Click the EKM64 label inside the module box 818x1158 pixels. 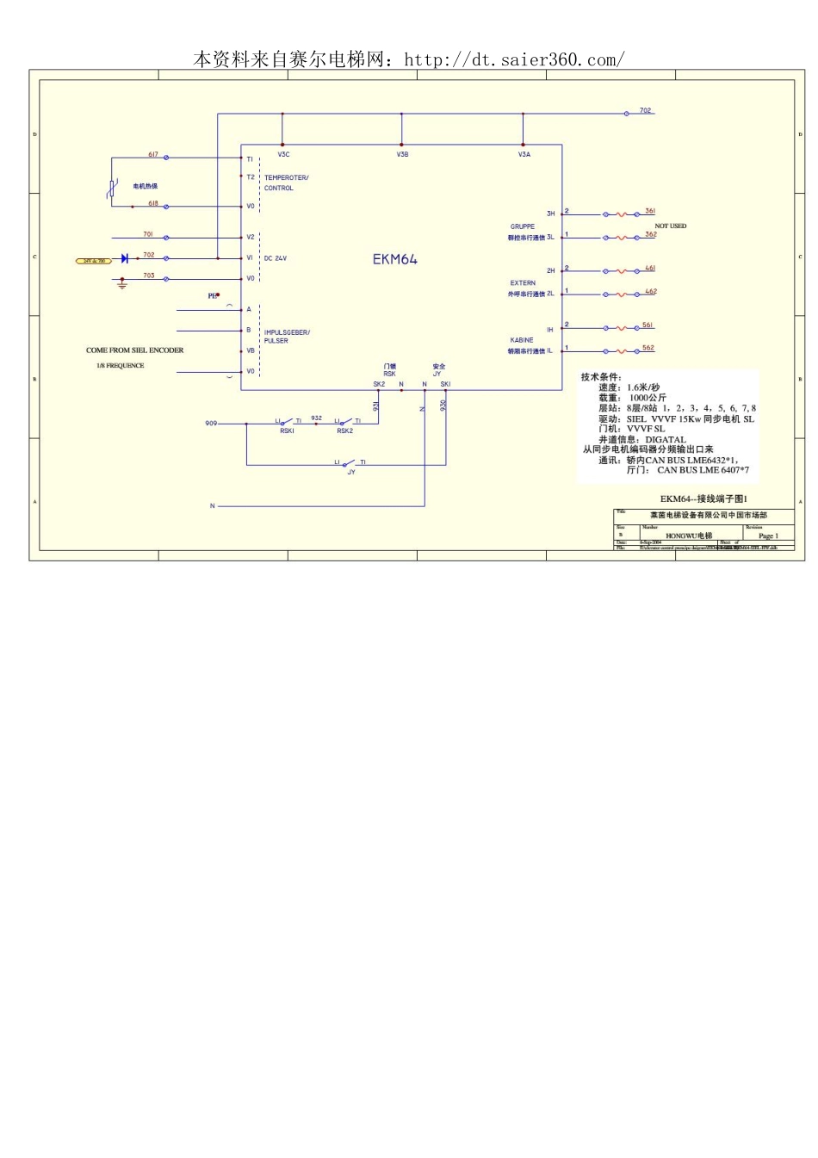pyautogui.click(x=394, y=259)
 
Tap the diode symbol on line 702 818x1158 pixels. pyautogui.click(x=125, y=258)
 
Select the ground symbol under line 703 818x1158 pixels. pyautogui.click(x=122, y=284)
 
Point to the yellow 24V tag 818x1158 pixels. pyautogui.click(x=93, y=261)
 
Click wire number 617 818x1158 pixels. pyautogui.click(x=153, y=155)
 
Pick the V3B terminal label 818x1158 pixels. pyautogui.click(x=402, y=154)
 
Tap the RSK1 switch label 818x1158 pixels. pyautogui.click(x=287, y=430)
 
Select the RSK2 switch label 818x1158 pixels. pyautogui.click(x=344, y=430)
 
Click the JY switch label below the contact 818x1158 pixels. pyautogui.click(x=351, y=472)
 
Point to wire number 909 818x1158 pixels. pyautogui.click(x=211, y=424)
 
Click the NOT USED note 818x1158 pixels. pyautogui.click(x=670, y=226)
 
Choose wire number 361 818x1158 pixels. pyautogui.click(x=650, y=211)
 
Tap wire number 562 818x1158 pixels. pyautogui.click(x=648, y=348)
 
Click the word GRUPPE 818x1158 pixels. pyautogui.click(x=523, y=226)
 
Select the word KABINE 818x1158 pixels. pyautogui.click(x=522, y=340)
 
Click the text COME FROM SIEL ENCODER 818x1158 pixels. pyautogui.click(x=134, y=350)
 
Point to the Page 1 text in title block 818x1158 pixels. pyautogui.click(x=768, y=536)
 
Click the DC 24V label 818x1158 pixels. pyautogui.click(x=276, y=258)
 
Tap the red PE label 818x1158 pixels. pyautogui.click(x=212, y=296)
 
